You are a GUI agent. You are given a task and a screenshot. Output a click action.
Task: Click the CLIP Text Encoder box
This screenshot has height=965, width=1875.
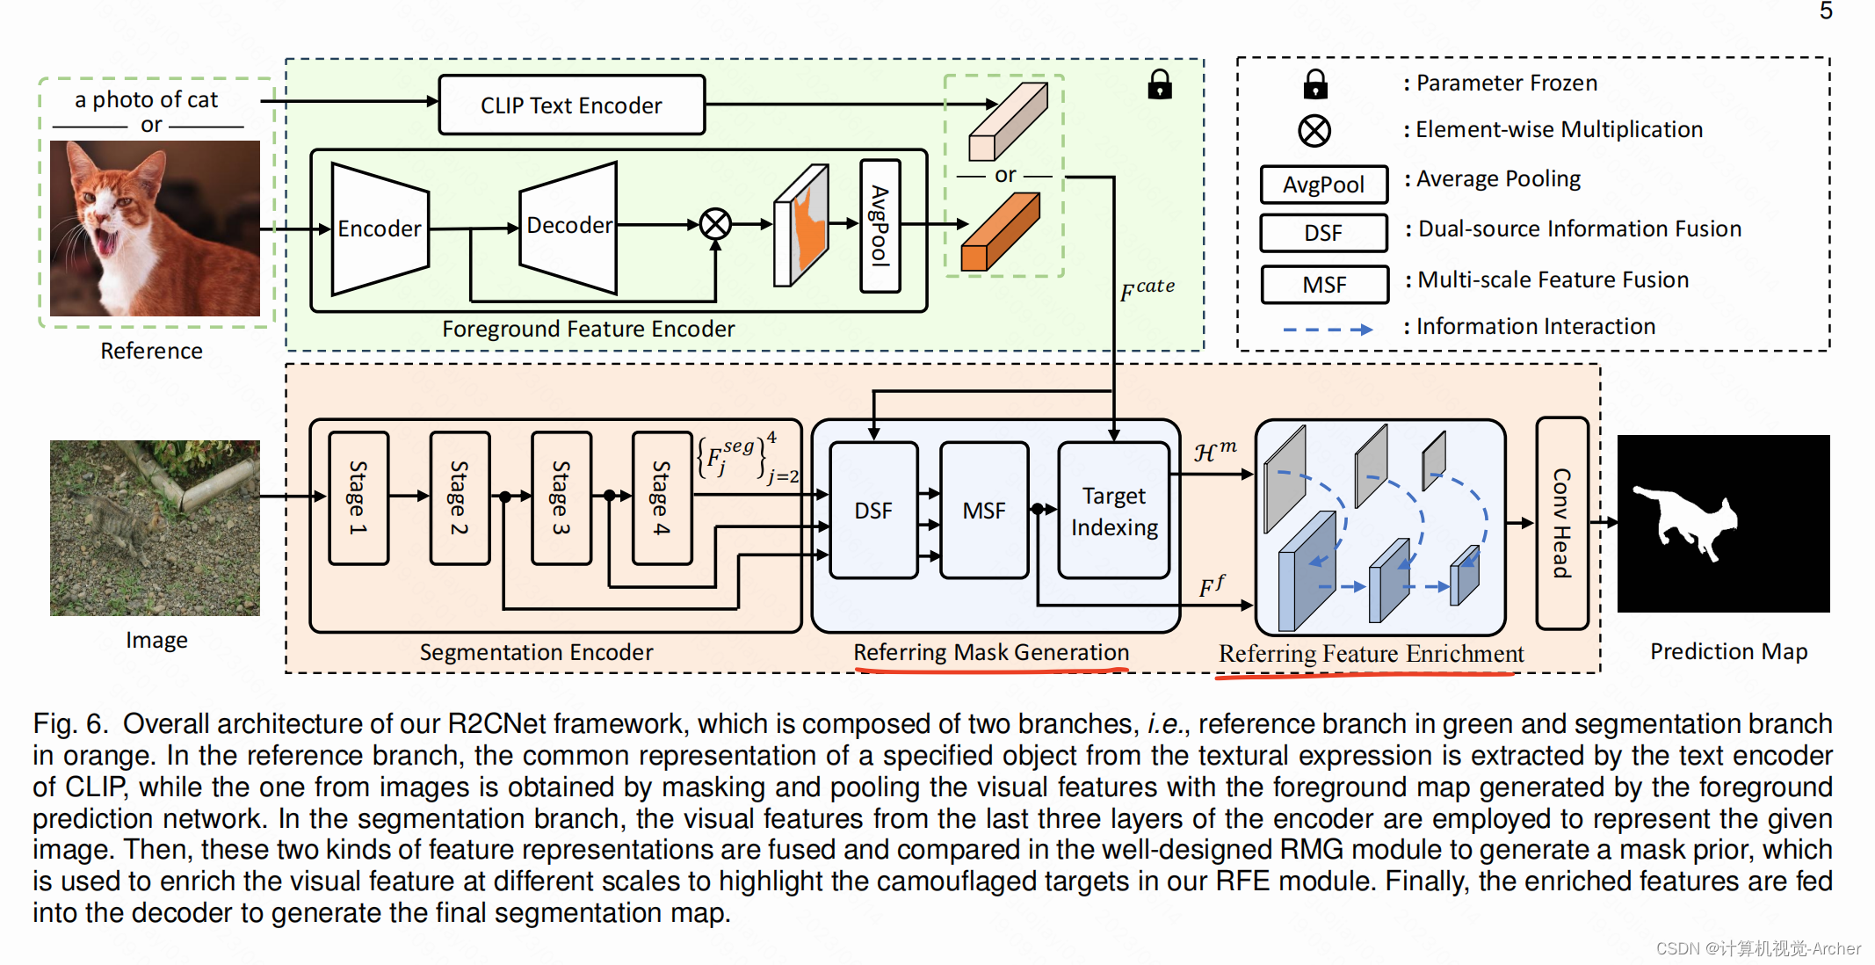pyautogui.click(x=571, y=105)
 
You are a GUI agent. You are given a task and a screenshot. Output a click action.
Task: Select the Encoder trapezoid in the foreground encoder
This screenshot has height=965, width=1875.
pyautogui.click(x=380, y=229)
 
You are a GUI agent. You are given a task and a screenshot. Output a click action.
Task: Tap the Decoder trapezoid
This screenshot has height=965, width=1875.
pyautogui.click(x=568, y=227)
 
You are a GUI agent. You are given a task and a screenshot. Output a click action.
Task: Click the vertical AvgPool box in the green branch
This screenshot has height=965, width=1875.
pyautogui.click(x=880, y=226)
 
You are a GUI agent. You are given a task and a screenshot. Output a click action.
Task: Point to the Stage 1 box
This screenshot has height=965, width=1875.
pyautogui.click(x=358, y=497)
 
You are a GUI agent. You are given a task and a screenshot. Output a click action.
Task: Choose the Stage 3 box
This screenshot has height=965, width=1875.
pyautogui.click(x=561, y=497)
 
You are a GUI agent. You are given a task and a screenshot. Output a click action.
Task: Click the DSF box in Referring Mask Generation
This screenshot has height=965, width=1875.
pyautogui.click(x=873, y=510)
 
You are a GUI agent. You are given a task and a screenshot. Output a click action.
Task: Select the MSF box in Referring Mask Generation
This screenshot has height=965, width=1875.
pyautogui.click(x=984, y=510)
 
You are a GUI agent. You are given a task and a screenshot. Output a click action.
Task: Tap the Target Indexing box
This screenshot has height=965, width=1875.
pyautogui.click(x=1114, y=510)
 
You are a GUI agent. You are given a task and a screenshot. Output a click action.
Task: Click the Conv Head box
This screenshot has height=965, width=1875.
pyautogui.click(x=1562, y=523)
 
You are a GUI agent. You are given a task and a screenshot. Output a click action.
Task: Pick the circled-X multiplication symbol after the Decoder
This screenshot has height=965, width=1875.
pyautogui.click(x=715, y=224)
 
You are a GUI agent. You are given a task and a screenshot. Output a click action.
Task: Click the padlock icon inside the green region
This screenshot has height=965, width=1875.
pyautogui.click(x=1160, y=84)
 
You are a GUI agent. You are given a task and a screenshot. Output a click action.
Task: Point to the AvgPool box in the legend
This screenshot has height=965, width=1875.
pyautogui.click(x=1324, y=185)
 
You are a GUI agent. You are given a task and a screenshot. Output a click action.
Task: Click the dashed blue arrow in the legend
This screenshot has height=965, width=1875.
pyautogui.click(x=1328, y=330)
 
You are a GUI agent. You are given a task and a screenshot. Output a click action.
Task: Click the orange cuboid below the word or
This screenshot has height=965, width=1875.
pyautogui.click(x=1000, y=232)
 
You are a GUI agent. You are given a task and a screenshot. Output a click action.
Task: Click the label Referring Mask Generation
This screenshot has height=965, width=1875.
pyautogui.click(x=991, y=652)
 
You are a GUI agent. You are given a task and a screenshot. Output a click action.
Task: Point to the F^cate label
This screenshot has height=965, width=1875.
pyautogui.click(x=1147, y=289)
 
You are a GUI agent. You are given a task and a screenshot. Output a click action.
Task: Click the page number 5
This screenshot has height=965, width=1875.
pyautogui.click(x=1826, y=11)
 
